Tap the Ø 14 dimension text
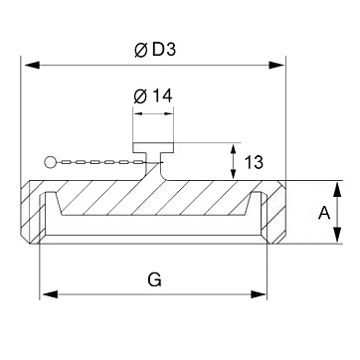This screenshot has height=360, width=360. [153, 96]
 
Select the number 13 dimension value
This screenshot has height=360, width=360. [254, 162]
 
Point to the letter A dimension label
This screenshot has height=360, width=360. [324, 213]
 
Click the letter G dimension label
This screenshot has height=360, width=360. [155, 280]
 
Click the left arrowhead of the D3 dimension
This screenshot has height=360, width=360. [32, 65]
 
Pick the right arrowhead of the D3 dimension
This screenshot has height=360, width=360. [276, 65]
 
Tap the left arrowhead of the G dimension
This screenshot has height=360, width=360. [51, 294]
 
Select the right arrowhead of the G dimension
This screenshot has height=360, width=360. [259, 294]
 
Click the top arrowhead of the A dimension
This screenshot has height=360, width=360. [337, 190]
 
